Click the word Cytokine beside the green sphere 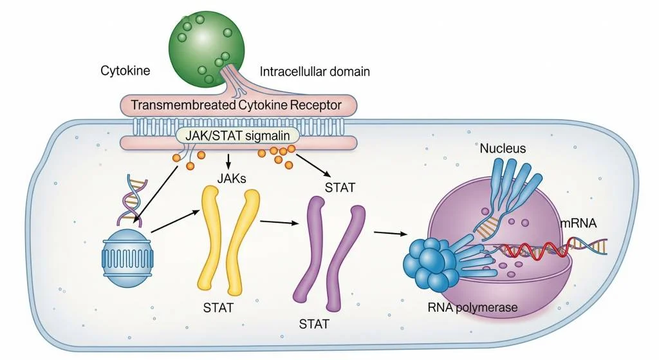[125, 71]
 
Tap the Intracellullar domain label [315, 71]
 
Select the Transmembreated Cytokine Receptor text [236, 104]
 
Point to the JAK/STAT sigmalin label [238, 135]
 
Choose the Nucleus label [503, 149]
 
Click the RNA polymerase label [472, 308]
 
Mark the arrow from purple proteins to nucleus [392, 233]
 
